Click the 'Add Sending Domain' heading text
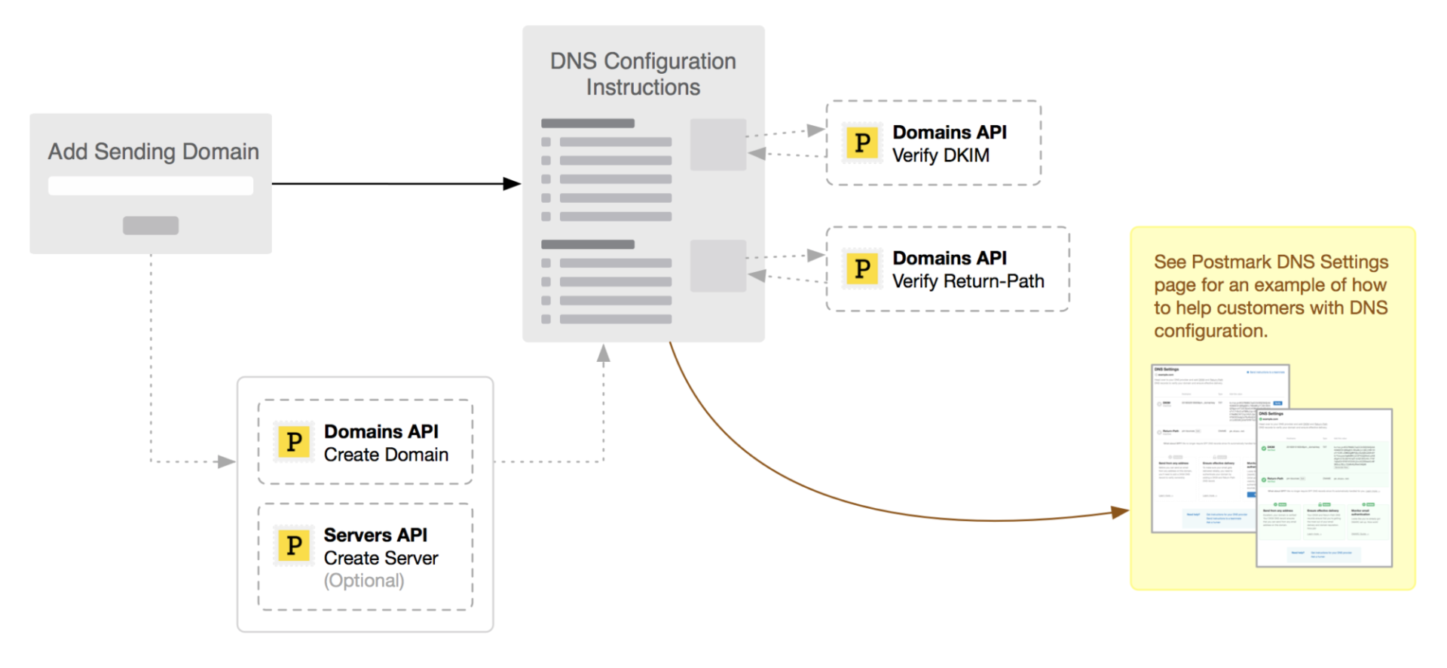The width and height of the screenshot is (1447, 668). [153, 152]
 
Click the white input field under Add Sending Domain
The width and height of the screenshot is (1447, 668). [151, 185]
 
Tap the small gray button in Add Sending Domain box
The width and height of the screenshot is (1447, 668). [151, 225]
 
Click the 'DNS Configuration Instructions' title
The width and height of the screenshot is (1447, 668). [643, 74]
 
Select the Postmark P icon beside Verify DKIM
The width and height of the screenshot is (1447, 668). [862, 142]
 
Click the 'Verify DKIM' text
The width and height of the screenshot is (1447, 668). [941, 155]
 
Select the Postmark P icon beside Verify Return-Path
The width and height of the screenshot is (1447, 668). [862, 268]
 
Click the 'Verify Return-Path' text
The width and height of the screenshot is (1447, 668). [968, 281]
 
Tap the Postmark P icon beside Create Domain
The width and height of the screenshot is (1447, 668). [294, 442]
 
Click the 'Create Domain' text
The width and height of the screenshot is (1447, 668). [386, 455]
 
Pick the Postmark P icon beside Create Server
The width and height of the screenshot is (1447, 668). [294, 545]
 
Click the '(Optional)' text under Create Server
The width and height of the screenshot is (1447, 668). [364, 581]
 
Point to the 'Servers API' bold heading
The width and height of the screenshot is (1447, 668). [375, 535]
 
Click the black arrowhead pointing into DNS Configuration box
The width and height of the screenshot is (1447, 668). [512, 183]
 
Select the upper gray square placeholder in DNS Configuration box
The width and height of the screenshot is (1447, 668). [718, 144]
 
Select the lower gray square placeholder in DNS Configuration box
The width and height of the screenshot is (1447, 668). [718, 265]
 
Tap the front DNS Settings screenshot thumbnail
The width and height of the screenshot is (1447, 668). [1324, 488]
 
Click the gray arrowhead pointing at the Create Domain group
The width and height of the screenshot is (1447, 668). [226, 461]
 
